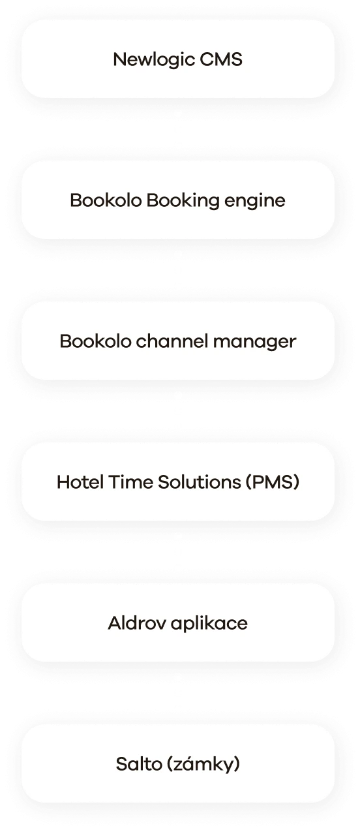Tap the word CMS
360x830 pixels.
(221, 59)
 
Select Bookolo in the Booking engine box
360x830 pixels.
(106, 200)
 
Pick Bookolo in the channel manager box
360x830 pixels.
(96, 341)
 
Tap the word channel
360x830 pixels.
(172, 341)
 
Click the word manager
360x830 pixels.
(254, 343)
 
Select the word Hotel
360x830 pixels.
(80, 482)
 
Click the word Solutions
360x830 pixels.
(200, 482)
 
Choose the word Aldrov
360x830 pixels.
(137, 623)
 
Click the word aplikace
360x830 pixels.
(209, 624)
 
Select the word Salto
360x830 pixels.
(138, 763)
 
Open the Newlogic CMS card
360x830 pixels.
(178, 59)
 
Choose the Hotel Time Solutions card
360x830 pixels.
(178, 482)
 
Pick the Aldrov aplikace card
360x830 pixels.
(178, 622)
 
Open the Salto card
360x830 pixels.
(178, 763)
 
